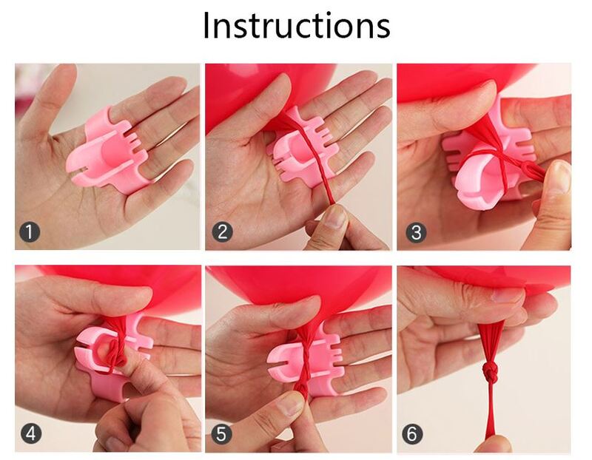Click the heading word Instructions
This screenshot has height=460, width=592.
coord(297,25)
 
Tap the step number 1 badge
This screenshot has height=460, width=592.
coord(30,231)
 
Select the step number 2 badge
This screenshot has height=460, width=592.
coord(222,231)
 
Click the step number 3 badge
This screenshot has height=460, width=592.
coord(416,232)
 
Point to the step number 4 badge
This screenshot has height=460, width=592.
coord(31,433)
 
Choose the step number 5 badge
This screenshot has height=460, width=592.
coord(221,433)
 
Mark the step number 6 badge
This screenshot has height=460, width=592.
coord(412,433)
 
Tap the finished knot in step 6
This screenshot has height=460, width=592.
coord(491,373)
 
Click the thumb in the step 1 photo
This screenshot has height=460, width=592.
coord(49,98)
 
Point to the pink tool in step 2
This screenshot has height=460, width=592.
coord(302,151)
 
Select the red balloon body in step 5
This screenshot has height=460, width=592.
coord(298,287)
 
